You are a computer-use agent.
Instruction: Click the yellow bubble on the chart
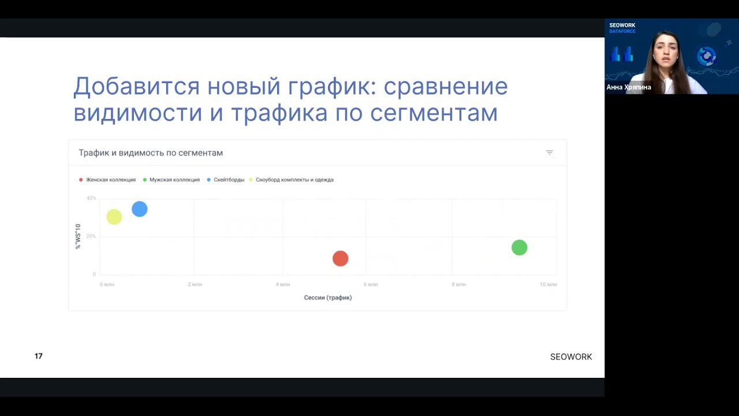coord(114,217)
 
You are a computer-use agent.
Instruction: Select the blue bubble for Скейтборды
coord(140,209)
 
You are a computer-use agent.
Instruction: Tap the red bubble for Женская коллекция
coord(341,259)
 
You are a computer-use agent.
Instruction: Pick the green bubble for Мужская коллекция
coord(520,248)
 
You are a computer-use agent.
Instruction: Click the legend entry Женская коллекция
coord(110,180)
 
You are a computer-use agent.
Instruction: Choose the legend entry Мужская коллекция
coord(174,180)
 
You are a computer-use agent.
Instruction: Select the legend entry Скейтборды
coord(229,180)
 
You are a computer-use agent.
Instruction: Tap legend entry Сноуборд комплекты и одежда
coord(294,180)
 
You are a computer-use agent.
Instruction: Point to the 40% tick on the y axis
coord(91,198)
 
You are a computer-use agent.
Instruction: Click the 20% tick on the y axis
coord(91,236)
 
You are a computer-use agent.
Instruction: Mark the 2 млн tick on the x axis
coord(195,284)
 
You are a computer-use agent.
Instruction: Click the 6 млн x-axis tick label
coord(371,284)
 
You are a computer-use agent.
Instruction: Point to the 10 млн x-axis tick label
coord(548,284)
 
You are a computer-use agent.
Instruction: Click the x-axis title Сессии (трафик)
coord(328,298)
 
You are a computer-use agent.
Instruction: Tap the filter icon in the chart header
coord(550,153)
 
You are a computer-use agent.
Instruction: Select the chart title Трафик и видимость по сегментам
coord(151,153)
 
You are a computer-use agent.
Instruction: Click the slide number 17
coord(39,356)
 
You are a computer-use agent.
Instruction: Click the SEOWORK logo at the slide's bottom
coord(571,357)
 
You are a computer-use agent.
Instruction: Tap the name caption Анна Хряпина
coord(629,87)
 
